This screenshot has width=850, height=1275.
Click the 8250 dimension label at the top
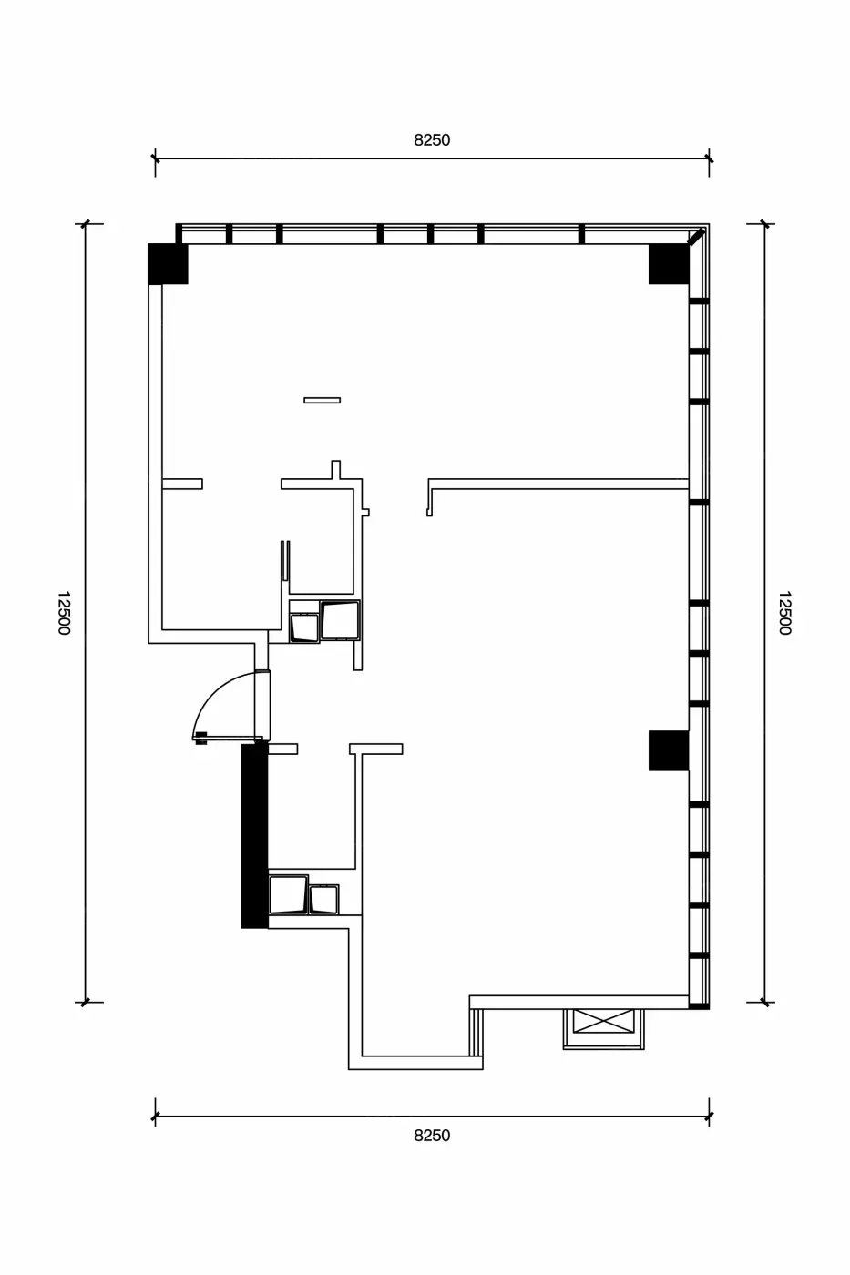pyautogui.click(x=432, y=140)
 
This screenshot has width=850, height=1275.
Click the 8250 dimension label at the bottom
pyautogui.click(x=432, y=1136)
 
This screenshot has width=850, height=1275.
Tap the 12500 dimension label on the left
pyautogui.click(x=64, y=612)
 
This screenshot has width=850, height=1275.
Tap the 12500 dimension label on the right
pyautogui.click(x=784, y=612)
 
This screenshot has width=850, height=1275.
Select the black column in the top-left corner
pyautogui.click(x=168, y=264)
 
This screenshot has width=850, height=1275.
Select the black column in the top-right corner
pyautogui.click(x=669, y=264)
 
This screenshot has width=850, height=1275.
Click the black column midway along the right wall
pyautogui.click(x=669, y=750)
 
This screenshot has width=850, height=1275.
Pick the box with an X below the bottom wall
pyautogui.click(x=603, y=1021)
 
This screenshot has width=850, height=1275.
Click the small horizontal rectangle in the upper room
pyautogui.click(x=323, y=400)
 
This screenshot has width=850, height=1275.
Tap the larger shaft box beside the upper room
pyautogui.click(x=341, y=620)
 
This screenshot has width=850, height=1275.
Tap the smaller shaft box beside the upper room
pyautogui.click(x=304, y=627)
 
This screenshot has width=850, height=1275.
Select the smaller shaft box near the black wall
pyautogui.click(x=324, y=900)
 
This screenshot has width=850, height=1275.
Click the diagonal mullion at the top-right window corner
pyautogui.click(x=697, y=236)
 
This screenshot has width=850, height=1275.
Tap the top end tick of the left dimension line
pyautogui.click(x=86, y=224)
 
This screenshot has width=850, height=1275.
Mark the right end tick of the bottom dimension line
pyautogui.click(x=709, y=1117)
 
